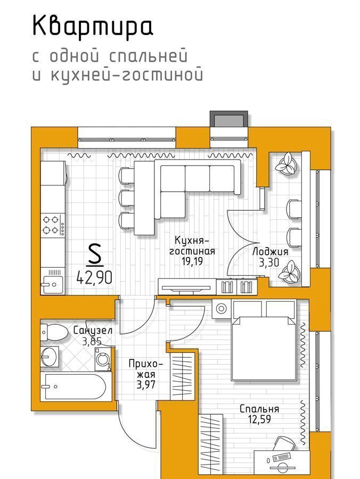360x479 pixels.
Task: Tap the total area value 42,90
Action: pos(94,277)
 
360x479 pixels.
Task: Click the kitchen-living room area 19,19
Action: pos(192,261)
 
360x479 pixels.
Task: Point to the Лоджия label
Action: pos(270,252)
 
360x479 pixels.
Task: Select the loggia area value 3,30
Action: pos(269,263)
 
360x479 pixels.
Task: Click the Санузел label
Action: pos(93,330)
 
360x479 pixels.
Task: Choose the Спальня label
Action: pos(259,409)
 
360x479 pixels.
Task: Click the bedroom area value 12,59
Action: pos(259,419)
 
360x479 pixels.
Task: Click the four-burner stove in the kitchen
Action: pos(53,225)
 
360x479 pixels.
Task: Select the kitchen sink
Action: pos(52,284)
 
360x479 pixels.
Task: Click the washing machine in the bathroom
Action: pos(103,360)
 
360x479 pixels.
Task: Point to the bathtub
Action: pos(76,386)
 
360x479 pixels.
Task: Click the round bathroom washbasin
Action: pos(50,356)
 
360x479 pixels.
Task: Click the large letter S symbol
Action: pos(94,254)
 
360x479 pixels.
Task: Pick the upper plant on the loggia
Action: pos(287,164)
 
